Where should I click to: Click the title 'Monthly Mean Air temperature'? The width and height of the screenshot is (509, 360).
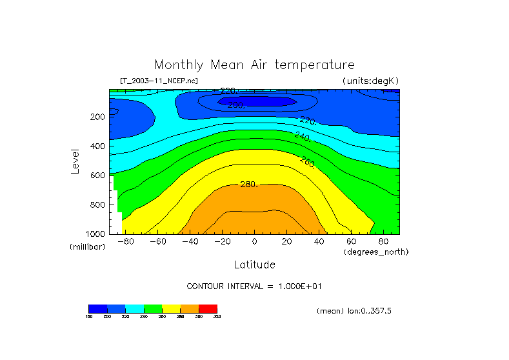tap(254, 65)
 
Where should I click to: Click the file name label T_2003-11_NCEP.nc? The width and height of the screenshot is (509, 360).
tap(159, 81)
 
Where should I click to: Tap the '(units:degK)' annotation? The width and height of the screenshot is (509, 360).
tap(371, 81)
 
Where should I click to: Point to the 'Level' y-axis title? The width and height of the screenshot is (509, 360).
tap(76, 161)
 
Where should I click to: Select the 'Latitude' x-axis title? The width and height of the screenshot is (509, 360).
tap(254, 265)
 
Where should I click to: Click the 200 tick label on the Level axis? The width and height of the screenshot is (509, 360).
tap(97, 117)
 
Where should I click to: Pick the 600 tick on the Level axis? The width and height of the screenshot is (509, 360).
tap(97, 175)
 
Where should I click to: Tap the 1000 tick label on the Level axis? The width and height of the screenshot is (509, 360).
tap(95, 234)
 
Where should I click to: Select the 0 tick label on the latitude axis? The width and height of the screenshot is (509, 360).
tap(254, 242)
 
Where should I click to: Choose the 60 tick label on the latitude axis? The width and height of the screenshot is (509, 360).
tap(351, 242)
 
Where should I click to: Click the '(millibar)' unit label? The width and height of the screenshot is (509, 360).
tap(87, 248)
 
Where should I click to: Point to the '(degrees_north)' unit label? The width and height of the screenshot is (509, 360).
tap(376, 252)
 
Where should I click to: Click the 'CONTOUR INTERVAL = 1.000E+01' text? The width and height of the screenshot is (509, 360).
tap(254, 286)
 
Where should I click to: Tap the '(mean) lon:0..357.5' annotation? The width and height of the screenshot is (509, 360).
tap(354, 311)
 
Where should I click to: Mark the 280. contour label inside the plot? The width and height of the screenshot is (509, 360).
tap(249, 185)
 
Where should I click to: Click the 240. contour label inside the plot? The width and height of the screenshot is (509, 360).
tap(303, 136)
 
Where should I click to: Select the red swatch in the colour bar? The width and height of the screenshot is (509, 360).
tap(208, 308)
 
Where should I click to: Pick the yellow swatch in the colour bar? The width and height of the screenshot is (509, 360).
tap(171, 308)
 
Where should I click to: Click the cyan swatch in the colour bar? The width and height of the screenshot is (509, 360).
tap(134, 308)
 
